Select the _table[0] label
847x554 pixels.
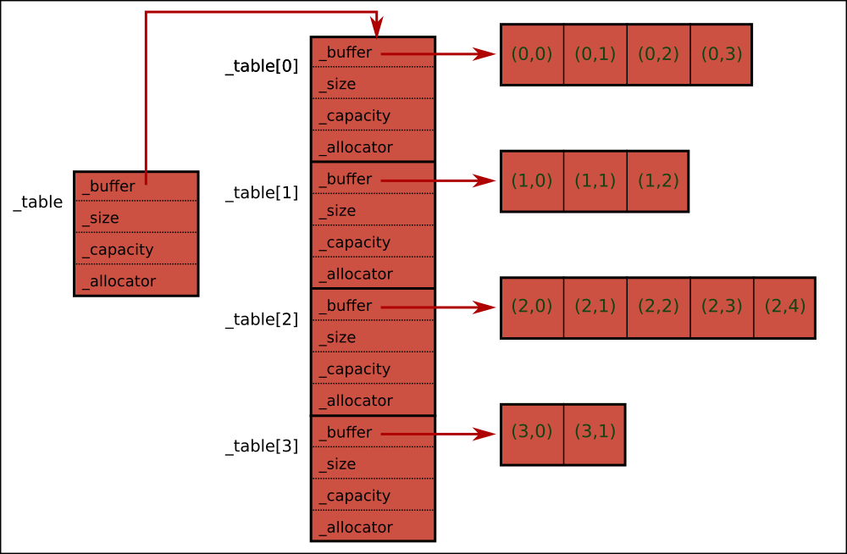click(x=262, y=66)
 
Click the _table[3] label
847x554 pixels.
click(x=262, y=446)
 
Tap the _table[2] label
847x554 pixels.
click(x=262, y=319)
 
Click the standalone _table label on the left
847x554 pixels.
click(x=38, y=202)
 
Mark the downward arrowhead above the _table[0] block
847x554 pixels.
click(x=376, y=28)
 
